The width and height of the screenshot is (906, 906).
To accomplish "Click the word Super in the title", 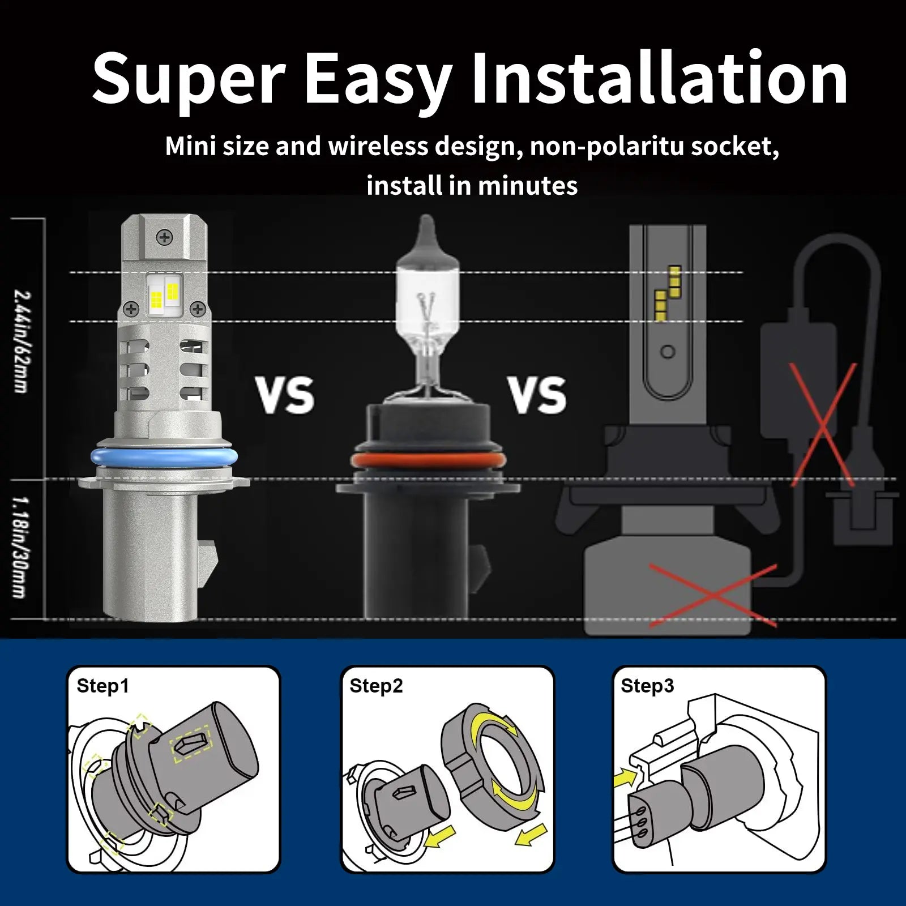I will tap(189, 79).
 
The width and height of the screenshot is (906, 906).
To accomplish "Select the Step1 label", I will tap(102, 686).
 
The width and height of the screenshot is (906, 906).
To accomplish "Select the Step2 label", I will tap(376, 686).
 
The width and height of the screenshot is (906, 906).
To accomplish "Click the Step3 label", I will tap(647, 686).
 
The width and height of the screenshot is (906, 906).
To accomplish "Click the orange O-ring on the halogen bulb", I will tap(427, 459).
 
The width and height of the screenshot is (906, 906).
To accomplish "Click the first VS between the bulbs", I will tap(285, 395).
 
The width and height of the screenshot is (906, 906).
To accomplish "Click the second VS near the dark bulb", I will tap(537, 395).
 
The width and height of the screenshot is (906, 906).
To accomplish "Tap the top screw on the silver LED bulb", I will tap(165, 237).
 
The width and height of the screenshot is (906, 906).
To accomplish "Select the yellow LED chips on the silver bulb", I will tap(164, 294).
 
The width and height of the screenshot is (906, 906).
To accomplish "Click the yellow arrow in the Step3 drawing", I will tap(625, 777).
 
